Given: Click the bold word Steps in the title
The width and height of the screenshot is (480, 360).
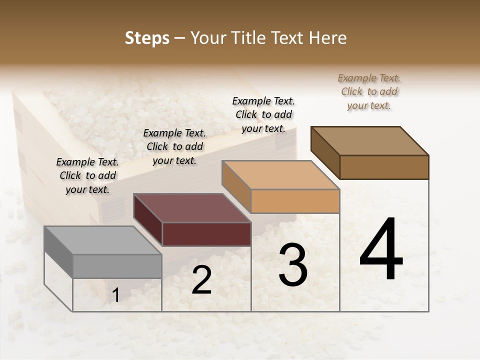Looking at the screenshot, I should click(x=147, y=38).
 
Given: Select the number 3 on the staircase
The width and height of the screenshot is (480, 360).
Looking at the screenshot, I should click(x=293, y=265).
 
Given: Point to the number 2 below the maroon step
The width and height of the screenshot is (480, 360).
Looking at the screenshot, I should click(x=201, y=280).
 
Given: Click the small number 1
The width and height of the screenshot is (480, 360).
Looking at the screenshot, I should click(x=116, y=295).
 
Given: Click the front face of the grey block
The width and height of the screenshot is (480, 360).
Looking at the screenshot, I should click(x=117, y=266).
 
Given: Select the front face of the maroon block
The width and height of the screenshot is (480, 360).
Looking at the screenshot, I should click(x=206, y=234).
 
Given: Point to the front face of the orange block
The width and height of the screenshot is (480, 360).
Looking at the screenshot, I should click(x=295, y=201).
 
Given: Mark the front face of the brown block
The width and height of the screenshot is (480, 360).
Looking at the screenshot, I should click(x=384, y=167).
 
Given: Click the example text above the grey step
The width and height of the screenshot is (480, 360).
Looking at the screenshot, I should click(x=87, y=175).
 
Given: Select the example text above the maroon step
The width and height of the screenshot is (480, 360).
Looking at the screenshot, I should click(x=174, y=146).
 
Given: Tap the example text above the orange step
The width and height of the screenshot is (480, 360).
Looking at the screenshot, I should click(x=263, y=114).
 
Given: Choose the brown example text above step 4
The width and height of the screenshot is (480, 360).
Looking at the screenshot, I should click(x=369, y=91).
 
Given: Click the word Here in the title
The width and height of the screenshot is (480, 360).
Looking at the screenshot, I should click(x=327, y=38).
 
